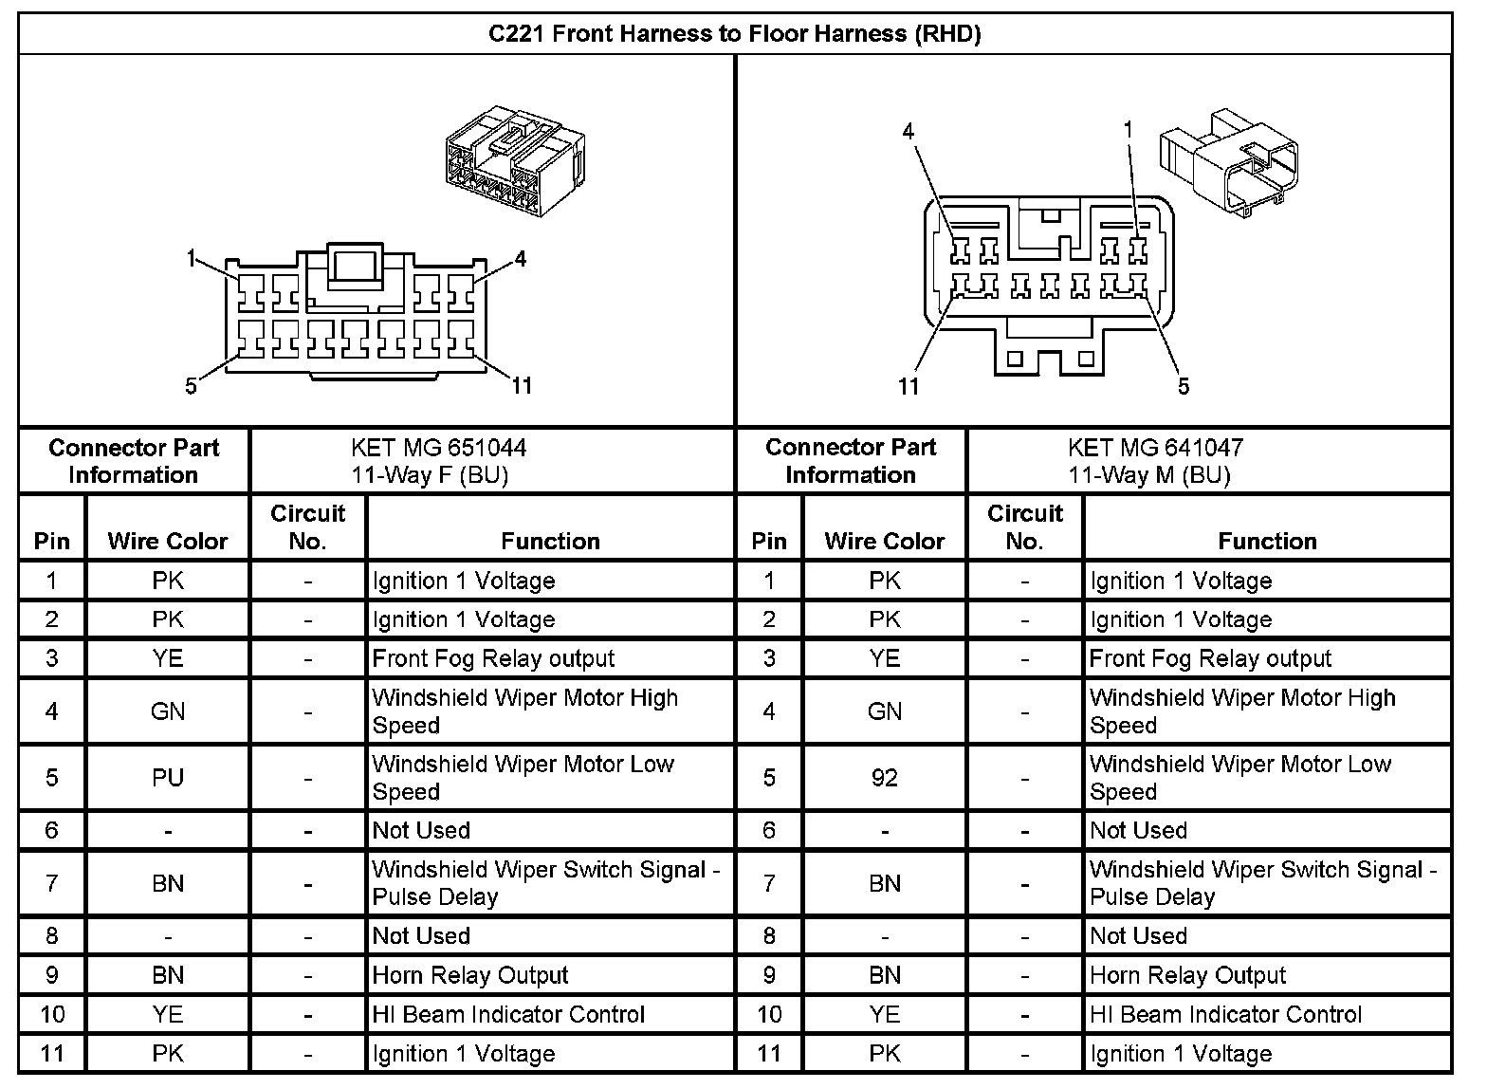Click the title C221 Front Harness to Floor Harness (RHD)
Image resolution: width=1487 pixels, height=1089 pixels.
click(734, 34)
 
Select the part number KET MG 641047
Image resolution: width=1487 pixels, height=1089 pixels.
click(1155, 447)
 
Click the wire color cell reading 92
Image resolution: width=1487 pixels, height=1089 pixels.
click(884, 778)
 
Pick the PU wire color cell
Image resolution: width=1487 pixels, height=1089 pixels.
click(168, 778)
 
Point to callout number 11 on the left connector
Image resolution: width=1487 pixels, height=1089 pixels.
click(522, 385)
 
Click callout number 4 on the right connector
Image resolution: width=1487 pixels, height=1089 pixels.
click(909, 131)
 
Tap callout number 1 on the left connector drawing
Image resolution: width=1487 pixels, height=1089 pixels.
click(191, 258)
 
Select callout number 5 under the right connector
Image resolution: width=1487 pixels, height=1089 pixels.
click(1184, 386)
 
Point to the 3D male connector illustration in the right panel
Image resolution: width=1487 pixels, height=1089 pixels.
click(1228, 157)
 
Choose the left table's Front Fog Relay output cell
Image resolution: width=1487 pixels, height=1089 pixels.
click(493, 658)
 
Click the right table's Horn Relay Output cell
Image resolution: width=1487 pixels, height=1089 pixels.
click(1187, 975)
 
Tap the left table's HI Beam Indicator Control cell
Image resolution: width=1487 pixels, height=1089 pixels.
click(508, 1014)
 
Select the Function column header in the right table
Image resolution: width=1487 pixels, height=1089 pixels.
click(1267, 541)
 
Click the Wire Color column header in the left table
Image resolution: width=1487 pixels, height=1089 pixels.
click(168, 541)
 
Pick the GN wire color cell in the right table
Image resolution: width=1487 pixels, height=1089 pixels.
click(884, 711)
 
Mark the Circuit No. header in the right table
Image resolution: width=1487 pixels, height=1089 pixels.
click(1024, 526)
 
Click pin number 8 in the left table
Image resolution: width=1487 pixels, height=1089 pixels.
click(52, 936)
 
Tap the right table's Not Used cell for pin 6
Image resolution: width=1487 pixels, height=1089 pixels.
click(1138, 830)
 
